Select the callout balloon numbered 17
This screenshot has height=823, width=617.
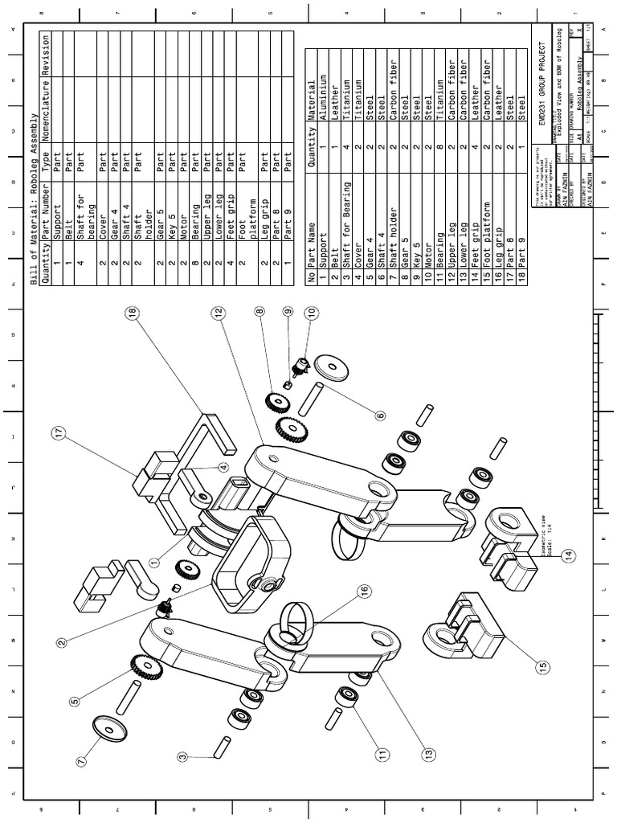pyautogui.click(x=58, y=434)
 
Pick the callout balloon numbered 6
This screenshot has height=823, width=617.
pyautogui.click(x=380, y=415)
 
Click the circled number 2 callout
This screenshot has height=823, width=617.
pyautogui.click(x=62, y=641)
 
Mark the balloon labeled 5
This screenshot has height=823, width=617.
pyautogui.click(x=75, y=701)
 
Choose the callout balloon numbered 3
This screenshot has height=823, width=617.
pyautogui.click(x=183, y=756)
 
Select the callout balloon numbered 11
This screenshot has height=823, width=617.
pyautogui.click(x=381, y=753)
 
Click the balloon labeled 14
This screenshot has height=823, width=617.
pyautogui.click(x=569, y=555)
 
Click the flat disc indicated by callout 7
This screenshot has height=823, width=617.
pyautogui.click(x=108, y=728)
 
